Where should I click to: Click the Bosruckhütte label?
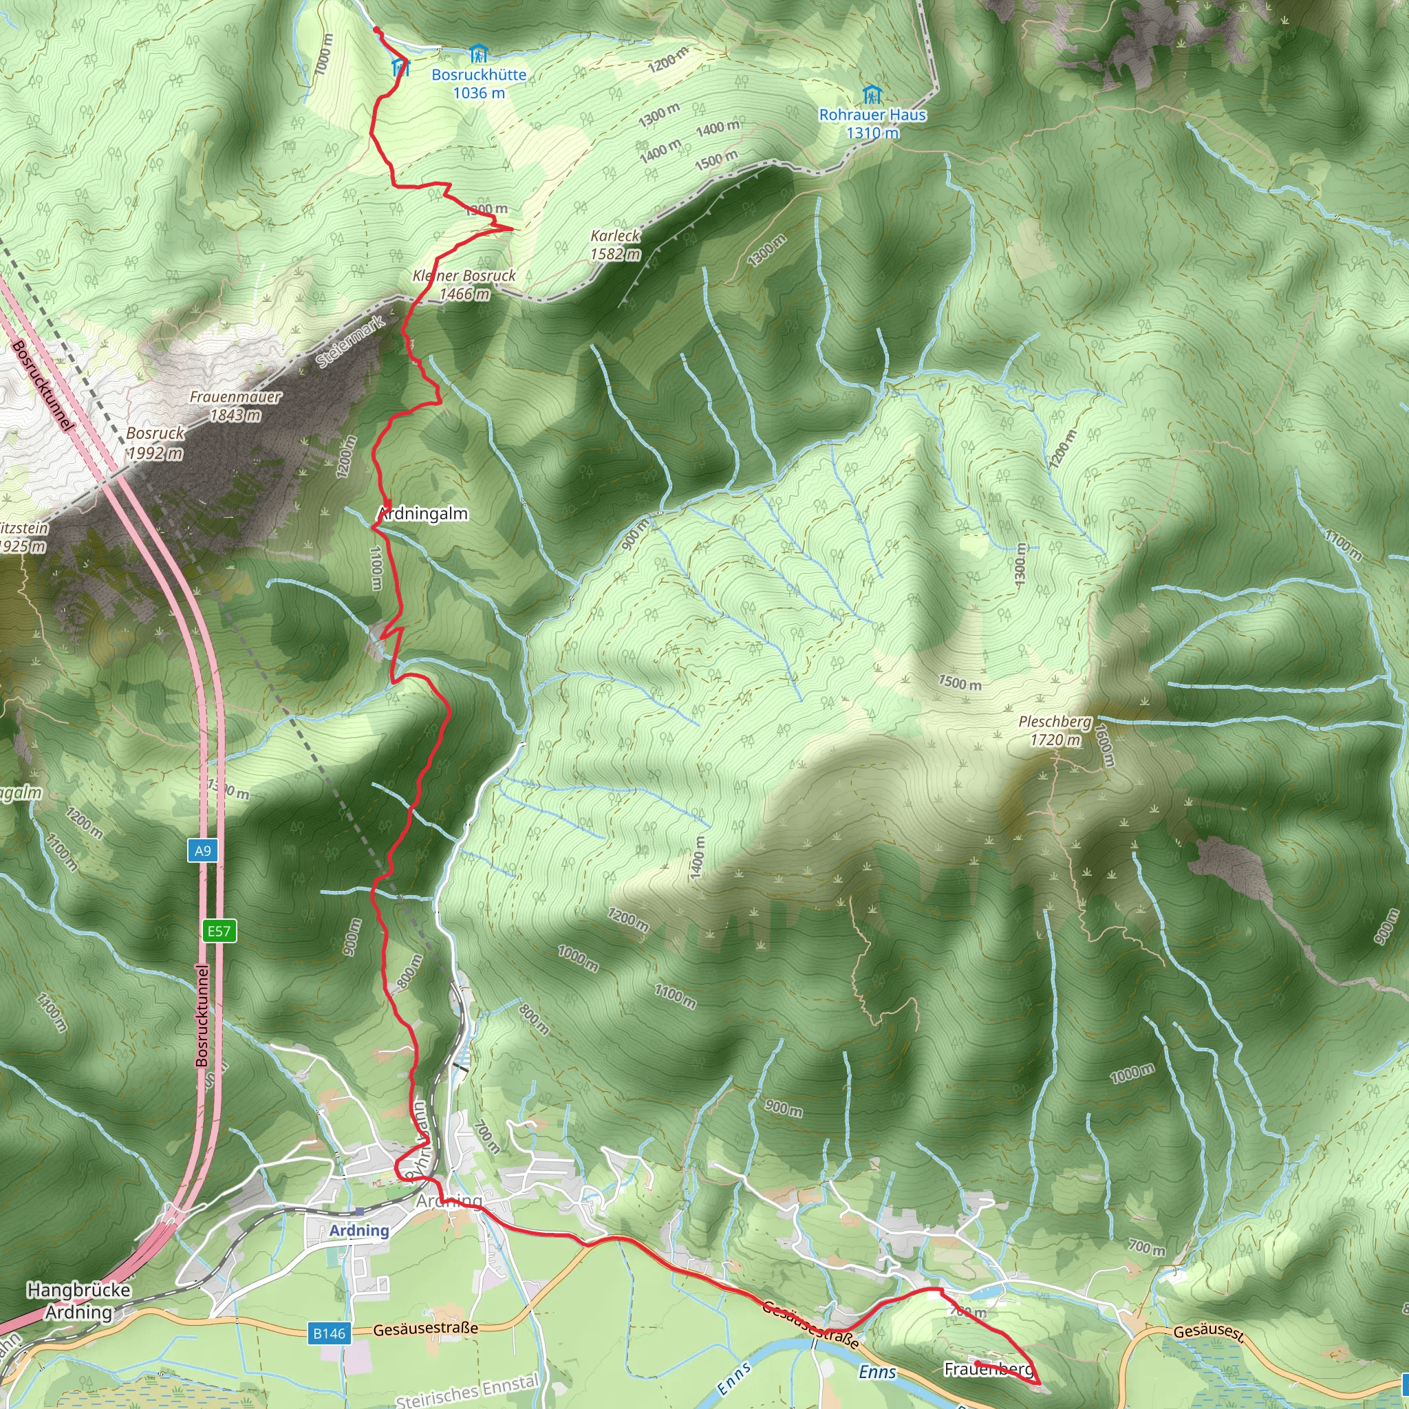click(478, 74)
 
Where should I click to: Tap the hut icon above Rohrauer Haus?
click(872, 95)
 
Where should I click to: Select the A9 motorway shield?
click(203, 850)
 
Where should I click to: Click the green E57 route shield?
click(219, 931)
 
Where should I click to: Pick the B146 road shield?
click(329, 1333)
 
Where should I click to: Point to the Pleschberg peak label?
click(1055, 721)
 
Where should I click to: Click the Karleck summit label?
click(615, 235)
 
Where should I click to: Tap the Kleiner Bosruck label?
click(464, 276)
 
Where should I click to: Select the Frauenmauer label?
click(235, 397)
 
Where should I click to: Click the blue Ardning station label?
click(359, 1230)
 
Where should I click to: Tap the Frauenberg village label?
click(989, 1369)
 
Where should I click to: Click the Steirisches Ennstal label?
click(466, 1389)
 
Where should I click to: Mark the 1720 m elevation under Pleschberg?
click(1055, 740)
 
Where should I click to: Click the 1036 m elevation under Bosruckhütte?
click(478, 93)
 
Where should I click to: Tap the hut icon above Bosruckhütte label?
click(477, 54)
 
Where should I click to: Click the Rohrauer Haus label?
click(872, 114)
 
